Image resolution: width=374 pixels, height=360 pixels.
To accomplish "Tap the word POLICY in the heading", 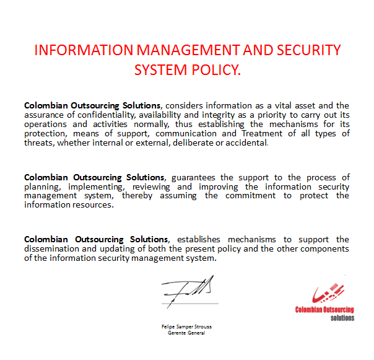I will coord(212,69).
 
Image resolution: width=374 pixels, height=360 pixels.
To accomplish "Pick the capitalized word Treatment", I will coord(266,133).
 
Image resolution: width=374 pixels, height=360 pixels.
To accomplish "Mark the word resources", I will coord(92,205).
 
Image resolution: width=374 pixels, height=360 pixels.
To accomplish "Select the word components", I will coord(323,248).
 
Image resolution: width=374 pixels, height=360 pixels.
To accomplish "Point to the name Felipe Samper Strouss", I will coord(186,327).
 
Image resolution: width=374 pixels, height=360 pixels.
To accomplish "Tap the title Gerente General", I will coord(186,333).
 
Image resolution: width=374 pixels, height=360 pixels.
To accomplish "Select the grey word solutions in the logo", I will coord(342,318).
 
